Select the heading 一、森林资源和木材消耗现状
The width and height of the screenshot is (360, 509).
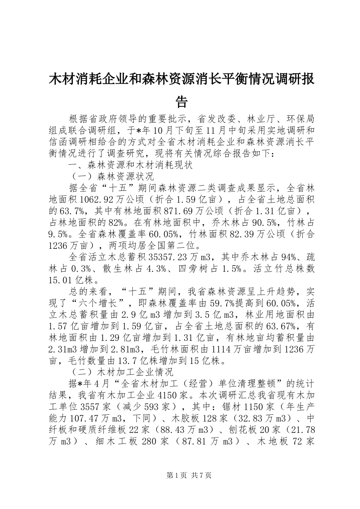point(130,165)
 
